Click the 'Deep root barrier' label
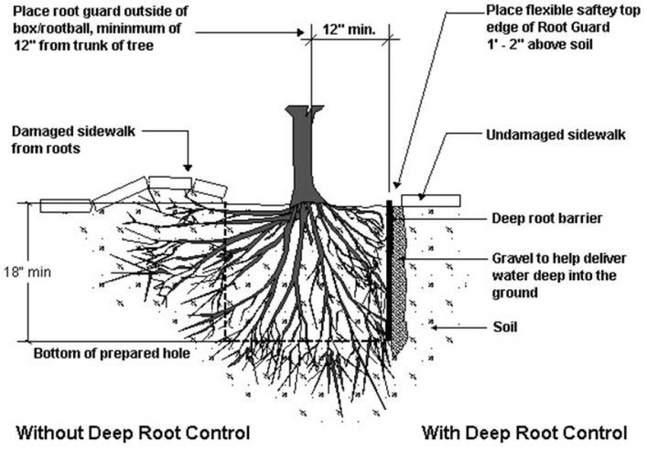pos(547,219)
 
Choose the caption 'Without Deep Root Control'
pos(133,432)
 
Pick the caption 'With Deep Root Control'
pos(524,432)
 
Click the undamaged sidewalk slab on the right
pos(430,200)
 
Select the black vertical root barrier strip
pos(389,270)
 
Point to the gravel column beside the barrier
pos(399,277)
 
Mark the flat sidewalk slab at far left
pos(65,205)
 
